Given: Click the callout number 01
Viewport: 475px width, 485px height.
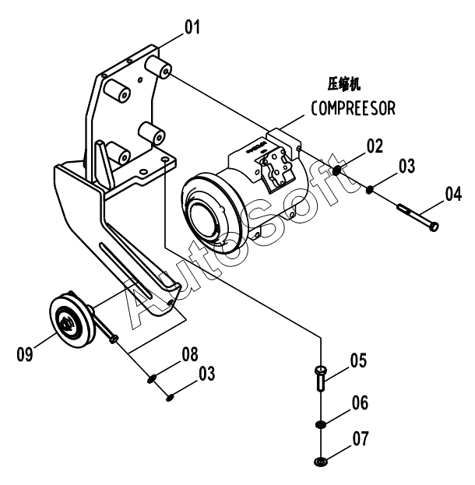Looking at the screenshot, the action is [192, 27].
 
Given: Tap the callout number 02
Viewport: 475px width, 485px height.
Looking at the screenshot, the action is [375, 146].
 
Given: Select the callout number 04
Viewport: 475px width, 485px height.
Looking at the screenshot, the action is [453, 194].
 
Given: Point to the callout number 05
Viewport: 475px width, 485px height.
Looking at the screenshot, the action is [358, 360].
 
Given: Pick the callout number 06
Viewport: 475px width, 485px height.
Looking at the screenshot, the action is [360, 402].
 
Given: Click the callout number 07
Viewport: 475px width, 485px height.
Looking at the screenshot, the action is [361, 438].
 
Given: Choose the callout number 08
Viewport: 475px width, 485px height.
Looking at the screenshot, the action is [190, 354].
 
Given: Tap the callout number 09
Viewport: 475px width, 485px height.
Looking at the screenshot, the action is [24, 354].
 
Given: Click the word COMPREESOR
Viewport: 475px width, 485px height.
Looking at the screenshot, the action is [353, 108].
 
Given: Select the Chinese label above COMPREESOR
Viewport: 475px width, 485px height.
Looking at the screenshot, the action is [344, 84].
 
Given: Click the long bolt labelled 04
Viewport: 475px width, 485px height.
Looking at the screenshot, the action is [417, 217].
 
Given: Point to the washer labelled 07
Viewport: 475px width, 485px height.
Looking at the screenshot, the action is [321, 462].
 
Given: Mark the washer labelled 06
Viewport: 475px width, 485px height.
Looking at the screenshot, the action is [321, 424].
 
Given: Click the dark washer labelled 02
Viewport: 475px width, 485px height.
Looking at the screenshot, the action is [337, 170].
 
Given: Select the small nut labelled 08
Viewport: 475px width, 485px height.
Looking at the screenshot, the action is [152, 379].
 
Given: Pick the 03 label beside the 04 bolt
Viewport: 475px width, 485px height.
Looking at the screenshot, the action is [406, 166].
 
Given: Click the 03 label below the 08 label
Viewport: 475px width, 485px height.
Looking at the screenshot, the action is [206, 374].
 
